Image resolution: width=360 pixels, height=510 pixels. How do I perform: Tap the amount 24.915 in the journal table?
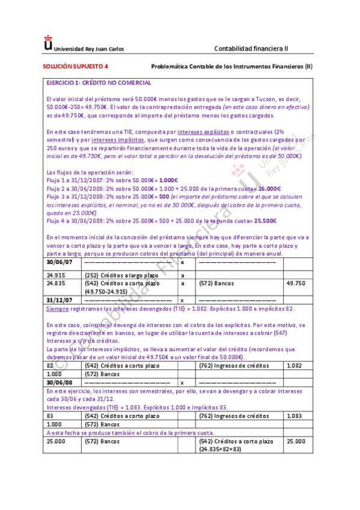tap(56, 275)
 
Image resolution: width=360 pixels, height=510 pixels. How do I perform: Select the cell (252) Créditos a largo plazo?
tap(117, 275)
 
